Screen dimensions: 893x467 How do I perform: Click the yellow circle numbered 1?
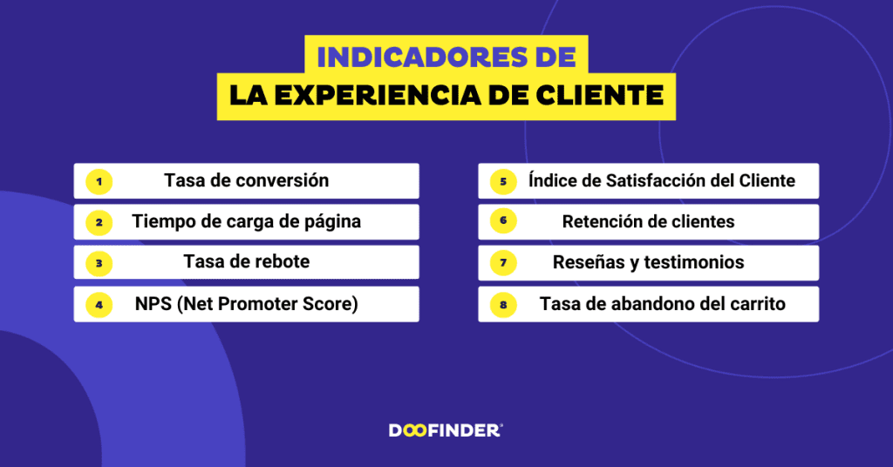[99, 182]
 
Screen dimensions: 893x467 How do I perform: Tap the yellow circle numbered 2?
[99, 222]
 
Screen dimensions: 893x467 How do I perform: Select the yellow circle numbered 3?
[99, 263]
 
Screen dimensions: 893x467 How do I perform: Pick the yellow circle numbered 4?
[99, 305]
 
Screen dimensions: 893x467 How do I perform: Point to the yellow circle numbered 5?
[503, 182]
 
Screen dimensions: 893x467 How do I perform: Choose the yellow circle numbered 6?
[503, 221]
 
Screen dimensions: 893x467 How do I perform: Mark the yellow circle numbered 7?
[503, 263]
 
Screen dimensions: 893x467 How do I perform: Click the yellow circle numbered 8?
[503, 305]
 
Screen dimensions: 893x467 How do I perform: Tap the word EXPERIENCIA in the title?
[377, 96]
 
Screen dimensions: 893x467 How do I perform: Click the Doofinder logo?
[446, 430]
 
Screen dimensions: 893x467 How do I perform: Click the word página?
[332, 222]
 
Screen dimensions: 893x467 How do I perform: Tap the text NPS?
[153, 304]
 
